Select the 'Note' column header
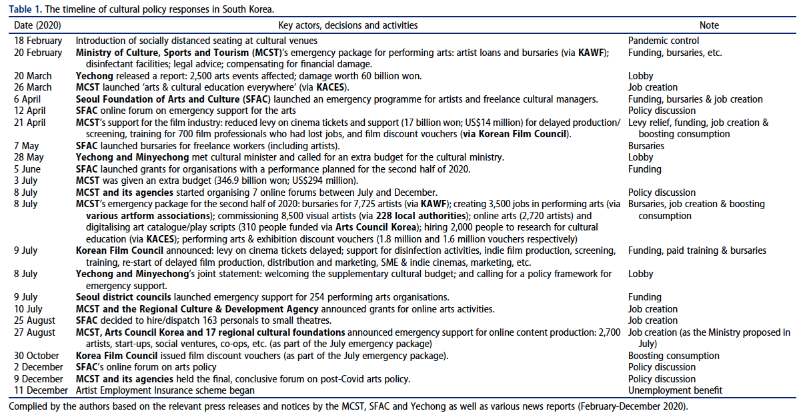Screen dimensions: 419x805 click(709, 25)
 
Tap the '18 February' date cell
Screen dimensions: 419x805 click(38, 41)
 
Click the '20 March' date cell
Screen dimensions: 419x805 click(33, 76)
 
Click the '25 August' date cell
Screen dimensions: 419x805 click(34, 320)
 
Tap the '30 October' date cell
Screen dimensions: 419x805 click(36, 356)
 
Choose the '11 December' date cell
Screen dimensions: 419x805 click(40, 390)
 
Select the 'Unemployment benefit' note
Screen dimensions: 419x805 click(676, 390)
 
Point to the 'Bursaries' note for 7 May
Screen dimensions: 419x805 click(646, 146)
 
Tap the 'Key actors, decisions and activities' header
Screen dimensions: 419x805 click(347, 25)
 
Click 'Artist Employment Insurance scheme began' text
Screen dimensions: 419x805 click(165, 390)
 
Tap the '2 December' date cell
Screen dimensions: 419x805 click(38, 367)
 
